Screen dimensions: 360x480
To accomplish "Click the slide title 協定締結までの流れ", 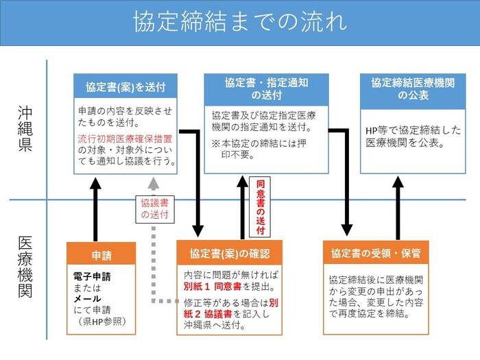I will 240,22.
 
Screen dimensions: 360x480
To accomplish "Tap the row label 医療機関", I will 25,268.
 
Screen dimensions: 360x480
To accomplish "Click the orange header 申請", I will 101,256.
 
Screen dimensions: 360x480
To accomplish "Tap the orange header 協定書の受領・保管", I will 376,253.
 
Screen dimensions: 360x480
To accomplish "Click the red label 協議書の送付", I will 154,208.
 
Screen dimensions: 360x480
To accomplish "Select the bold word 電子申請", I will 92,277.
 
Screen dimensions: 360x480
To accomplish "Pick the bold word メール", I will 88,298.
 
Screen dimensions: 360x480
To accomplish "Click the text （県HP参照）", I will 101,320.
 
